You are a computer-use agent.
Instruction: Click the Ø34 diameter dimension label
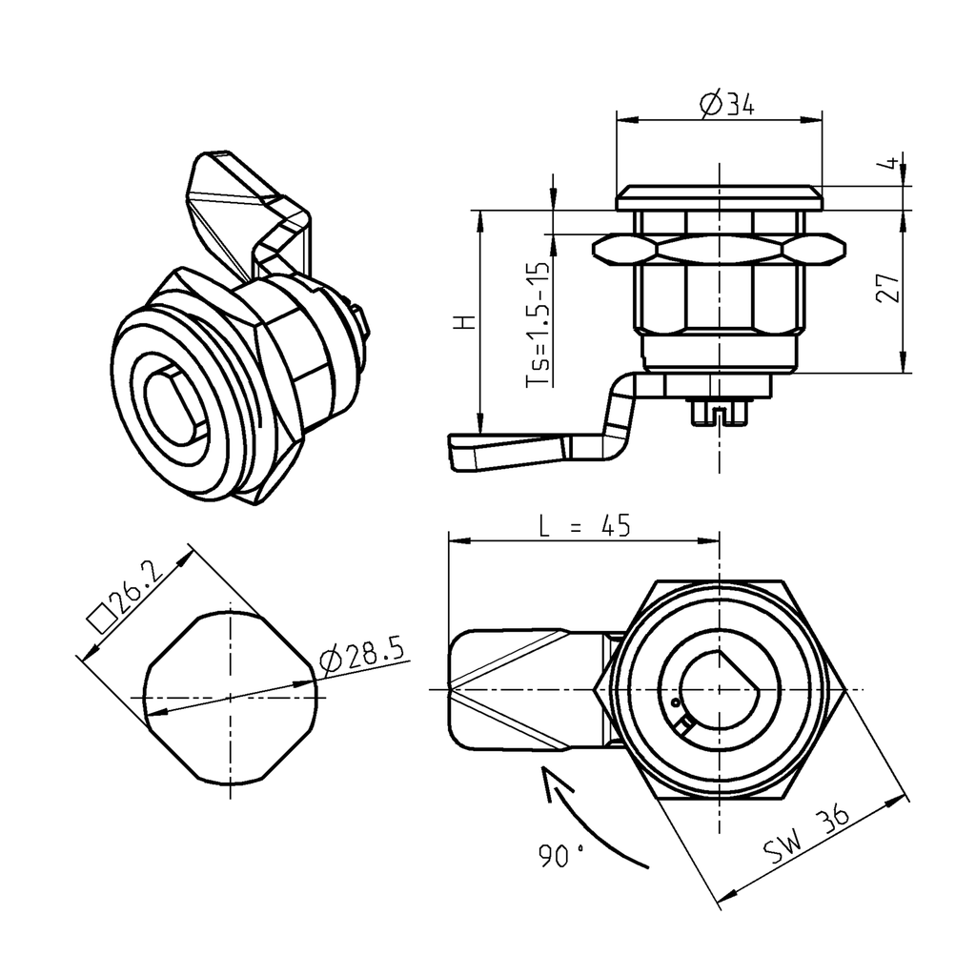coord(726,104)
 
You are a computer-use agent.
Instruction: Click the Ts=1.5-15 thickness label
coord(539,324)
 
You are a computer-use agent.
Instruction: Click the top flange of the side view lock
coord(720,198)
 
